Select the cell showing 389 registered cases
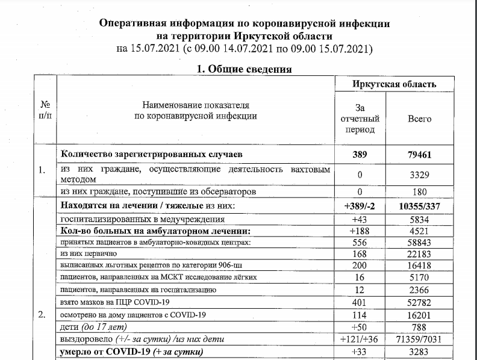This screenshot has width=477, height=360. tap(360, 155)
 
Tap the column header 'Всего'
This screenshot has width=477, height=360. tap(419, 119)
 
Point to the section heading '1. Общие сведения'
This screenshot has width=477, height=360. tap(245, 69)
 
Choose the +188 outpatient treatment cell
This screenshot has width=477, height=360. tap(360, 232)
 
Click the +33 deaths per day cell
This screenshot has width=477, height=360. tap(360, 352)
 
